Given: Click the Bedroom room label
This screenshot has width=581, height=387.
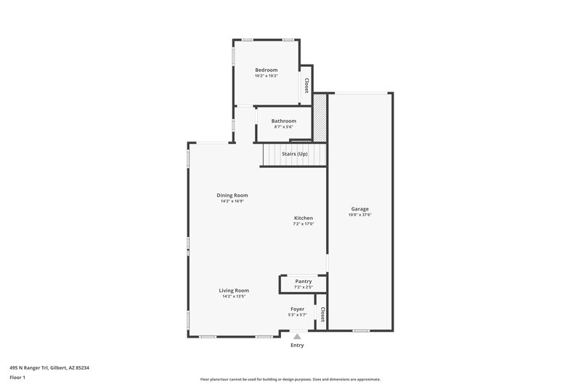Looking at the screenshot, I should [x=266, y=70].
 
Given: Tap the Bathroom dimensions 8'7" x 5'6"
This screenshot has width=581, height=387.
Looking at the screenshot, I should [x=283, y=127].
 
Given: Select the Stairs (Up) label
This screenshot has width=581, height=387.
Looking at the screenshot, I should [x=295, y=154].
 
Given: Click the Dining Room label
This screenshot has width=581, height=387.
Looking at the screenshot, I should [x=232, y=195].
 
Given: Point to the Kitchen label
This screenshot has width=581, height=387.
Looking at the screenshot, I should [x=303, y=218].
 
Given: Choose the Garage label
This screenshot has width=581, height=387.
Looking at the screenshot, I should [x=360, y=208].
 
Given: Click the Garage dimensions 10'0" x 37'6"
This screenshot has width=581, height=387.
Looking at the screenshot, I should [x=360, y=215].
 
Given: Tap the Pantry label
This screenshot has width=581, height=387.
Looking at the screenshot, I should [x=303, y=281].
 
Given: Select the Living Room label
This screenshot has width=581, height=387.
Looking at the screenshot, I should [x=234, y=290].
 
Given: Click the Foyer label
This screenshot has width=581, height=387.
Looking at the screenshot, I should [x=297, y=309].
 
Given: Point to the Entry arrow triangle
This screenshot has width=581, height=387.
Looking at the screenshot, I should [x=297, y=336].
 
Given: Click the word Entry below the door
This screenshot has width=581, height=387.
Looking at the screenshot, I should [x=297, y=345].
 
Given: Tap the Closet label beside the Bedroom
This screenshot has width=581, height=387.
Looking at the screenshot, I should [x=306, y=85].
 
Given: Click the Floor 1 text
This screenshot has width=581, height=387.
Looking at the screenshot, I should [x=17, y=378].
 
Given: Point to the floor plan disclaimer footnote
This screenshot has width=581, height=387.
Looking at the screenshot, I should [x=290, y=379].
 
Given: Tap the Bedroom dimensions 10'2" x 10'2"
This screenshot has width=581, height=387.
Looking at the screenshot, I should [x=266, y=76].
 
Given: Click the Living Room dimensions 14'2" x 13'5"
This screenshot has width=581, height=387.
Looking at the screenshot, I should [x=234, y=297].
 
